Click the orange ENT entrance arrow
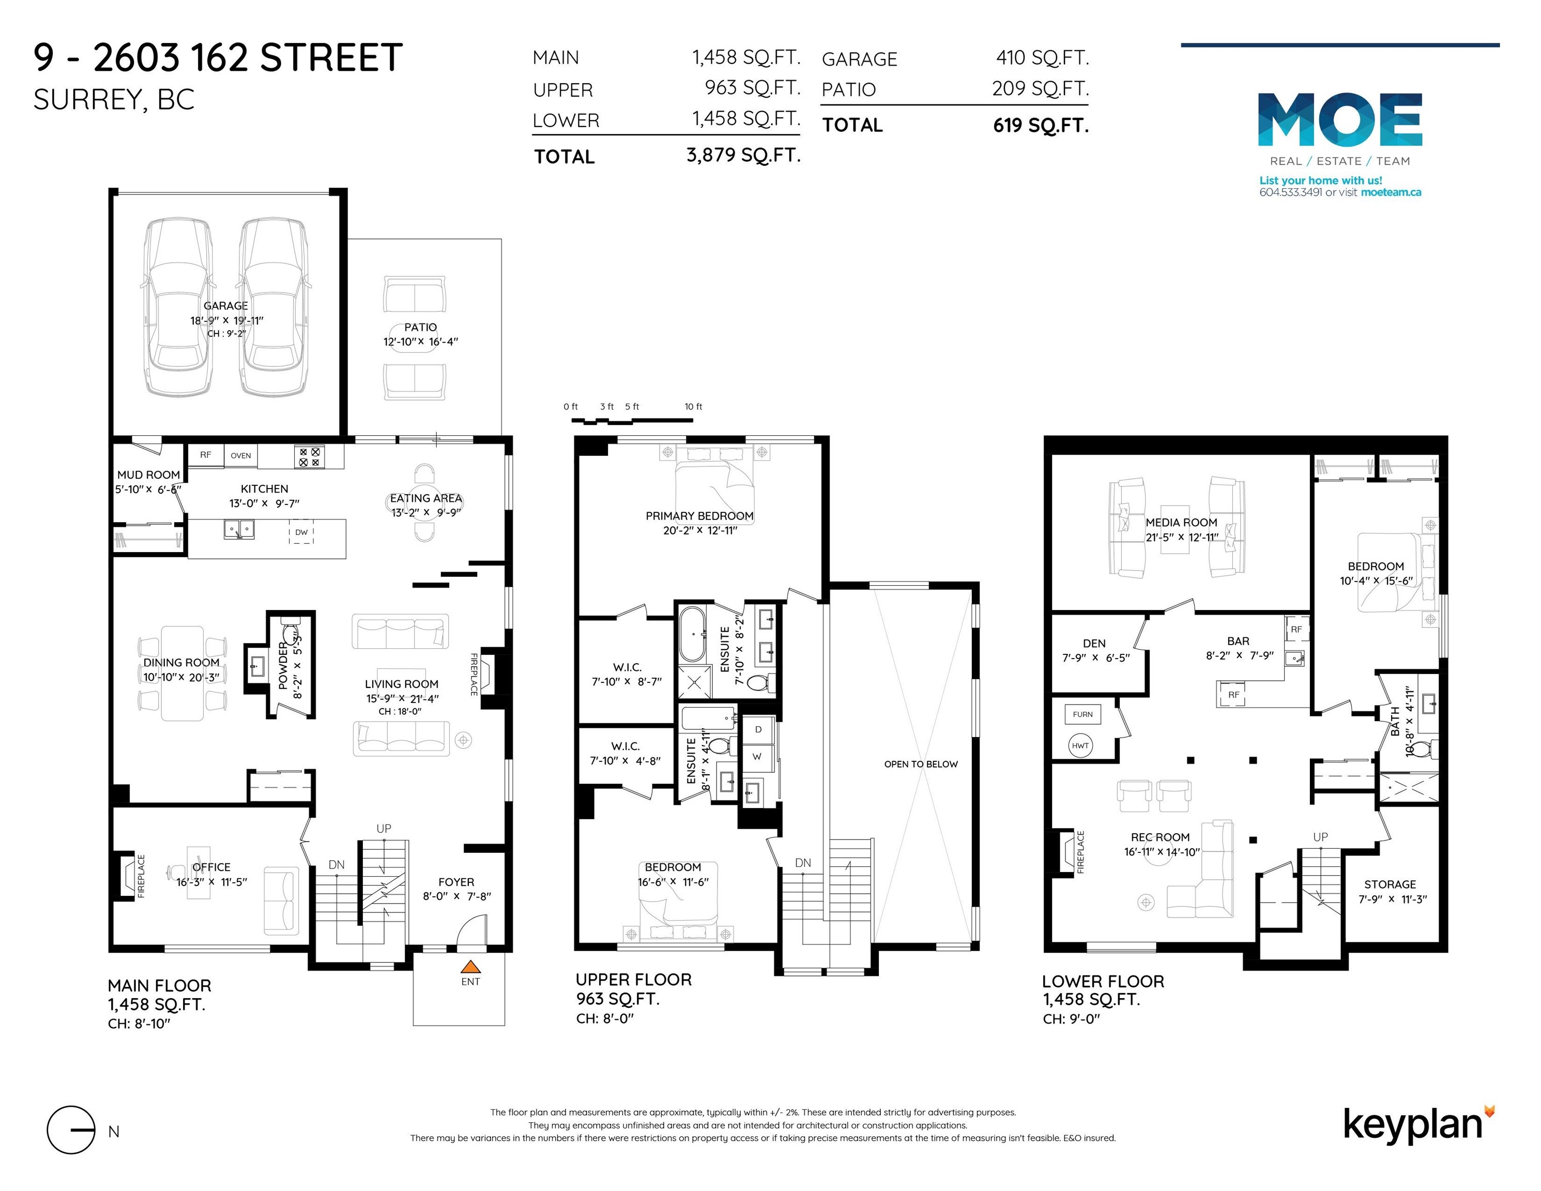point(470,967)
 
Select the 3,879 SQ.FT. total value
point(743,155)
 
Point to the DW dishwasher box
point(301,532)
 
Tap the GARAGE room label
point(226,306)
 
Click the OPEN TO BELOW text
point(921,764)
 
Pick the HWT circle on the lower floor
point(1080,746)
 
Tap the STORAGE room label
point(1390,884)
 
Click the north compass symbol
point(70,1129)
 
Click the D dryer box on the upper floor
point(758,729)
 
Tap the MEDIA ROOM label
point(1181,523)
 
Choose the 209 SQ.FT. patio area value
point(1040,89)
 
